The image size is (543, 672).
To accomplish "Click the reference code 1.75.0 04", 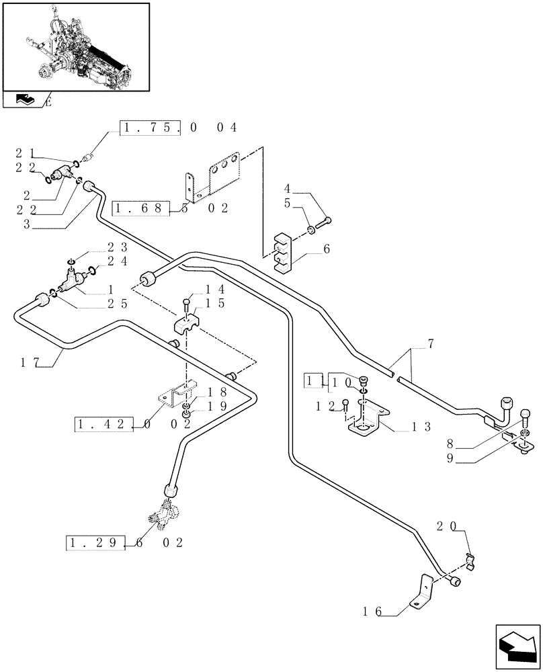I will coord(178,128).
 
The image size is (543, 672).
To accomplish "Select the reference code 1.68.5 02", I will coord(171,208).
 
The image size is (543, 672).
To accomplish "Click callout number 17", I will coord(29,364).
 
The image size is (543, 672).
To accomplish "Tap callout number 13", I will coord(422,426).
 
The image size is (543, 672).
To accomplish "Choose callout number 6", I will coord(327,249).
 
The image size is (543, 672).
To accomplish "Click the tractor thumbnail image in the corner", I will coord(75,46).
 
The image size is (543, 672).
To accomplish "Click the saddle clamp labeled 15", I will coord(190,323).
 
